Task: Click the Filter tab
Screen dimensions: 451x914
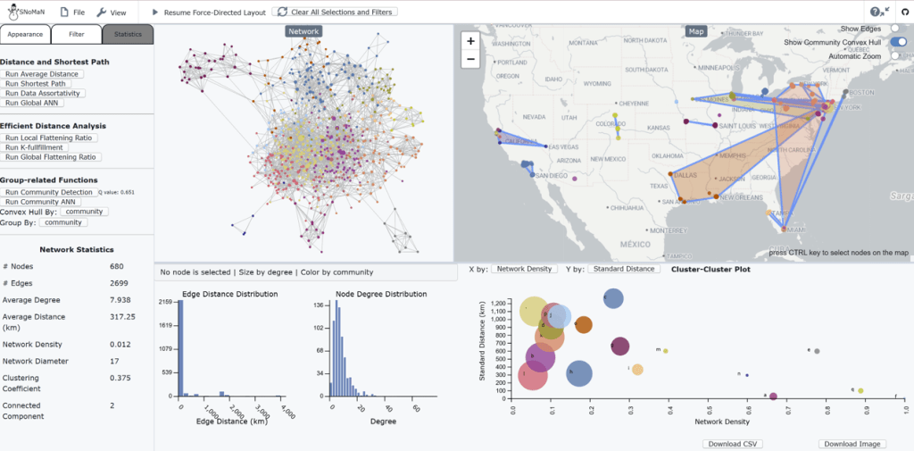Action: coord(76,34)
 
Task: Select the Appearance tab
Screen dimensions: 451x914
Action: coord(25,34)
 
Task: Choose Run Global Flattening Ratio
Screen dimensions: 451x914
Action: coord(53,157)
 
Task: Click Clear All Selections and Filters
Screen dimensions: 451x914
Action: coord(335,13)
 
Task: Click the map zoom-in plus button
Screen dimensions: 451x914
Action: coord(470,41)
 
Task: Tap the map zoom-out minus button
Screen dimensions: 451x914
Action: coord(470,59)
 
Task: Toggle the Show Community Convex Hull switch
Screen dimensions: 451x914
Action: coord(897,42)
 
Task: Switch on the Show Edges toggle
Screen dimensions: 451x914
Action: coord(897,29)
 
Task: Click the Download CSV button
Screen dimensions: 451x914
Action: coord(732,443)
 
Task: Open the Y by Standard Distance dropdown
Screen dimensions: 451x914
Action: coord(622,269)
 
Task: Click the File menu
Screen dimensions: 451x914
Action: coord(73,13)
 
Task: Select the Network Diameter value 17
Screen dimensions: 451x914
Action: coord(116,361)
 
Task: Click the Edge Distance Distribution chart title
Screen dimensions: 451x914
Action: coord(216,294)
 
